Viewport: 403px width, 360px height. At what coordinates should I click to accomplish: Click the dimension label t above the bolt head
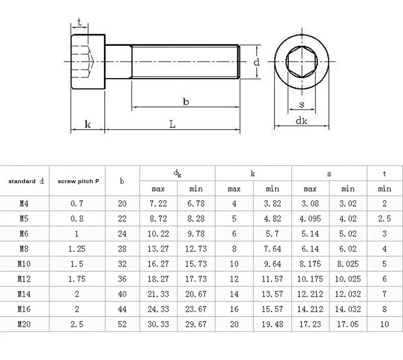80,22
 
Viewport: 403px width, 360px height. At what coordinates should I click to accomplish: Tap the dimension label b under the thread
185,101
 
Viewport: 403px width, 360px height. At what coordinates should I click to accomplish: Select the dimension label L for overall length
172,124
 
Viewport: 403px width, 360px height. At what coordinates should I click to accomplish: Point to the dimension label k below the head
87,124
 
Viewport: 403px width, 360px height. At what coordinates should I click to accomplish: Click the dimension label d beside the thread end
256,63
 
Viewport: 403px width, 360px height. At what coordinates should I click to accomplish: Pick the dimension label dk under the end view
301,121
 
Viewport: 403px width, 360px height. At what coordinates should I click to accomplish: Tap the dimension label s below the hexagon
301,104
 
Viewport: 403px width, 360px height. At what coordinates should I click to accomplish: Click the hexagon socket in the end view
301,63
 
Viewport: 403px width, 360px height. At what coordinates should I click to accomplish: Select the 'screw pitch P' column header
78,181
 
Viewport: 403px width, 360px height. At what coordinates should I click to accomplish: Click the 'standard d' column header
26,181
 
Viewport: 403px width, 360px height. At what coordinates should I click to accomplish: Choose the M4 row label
24,204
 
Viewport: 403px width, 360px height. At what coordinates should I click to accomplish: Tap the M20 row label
24,324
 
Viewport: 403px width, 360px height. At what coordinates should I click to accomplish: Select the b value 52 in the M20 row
122,324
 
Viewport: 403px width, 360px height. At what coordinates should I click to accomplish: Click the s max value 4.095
310,219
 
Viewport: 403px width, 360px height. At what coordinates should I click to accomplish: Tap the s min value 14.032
348,309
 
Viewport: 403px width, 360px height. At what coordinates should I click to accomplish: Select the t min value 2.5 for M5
384,219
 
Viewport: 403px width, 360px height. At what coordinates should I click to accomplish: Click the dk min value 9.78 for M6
196,234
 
